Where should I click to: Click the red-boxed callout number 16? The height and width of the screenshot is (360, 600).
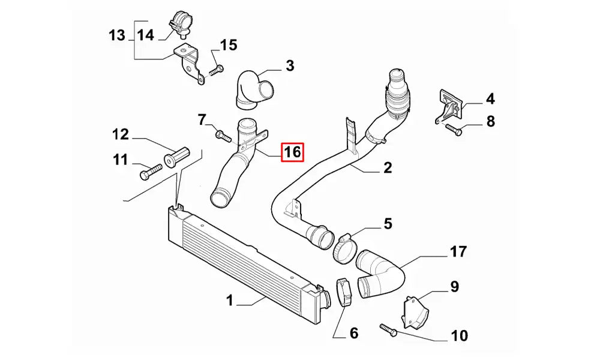[292, 152]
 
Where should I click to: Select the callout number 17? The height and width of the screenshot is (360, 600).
[458, 252]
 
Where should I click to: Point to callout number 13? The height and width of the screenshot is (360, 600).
[116, 35]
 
